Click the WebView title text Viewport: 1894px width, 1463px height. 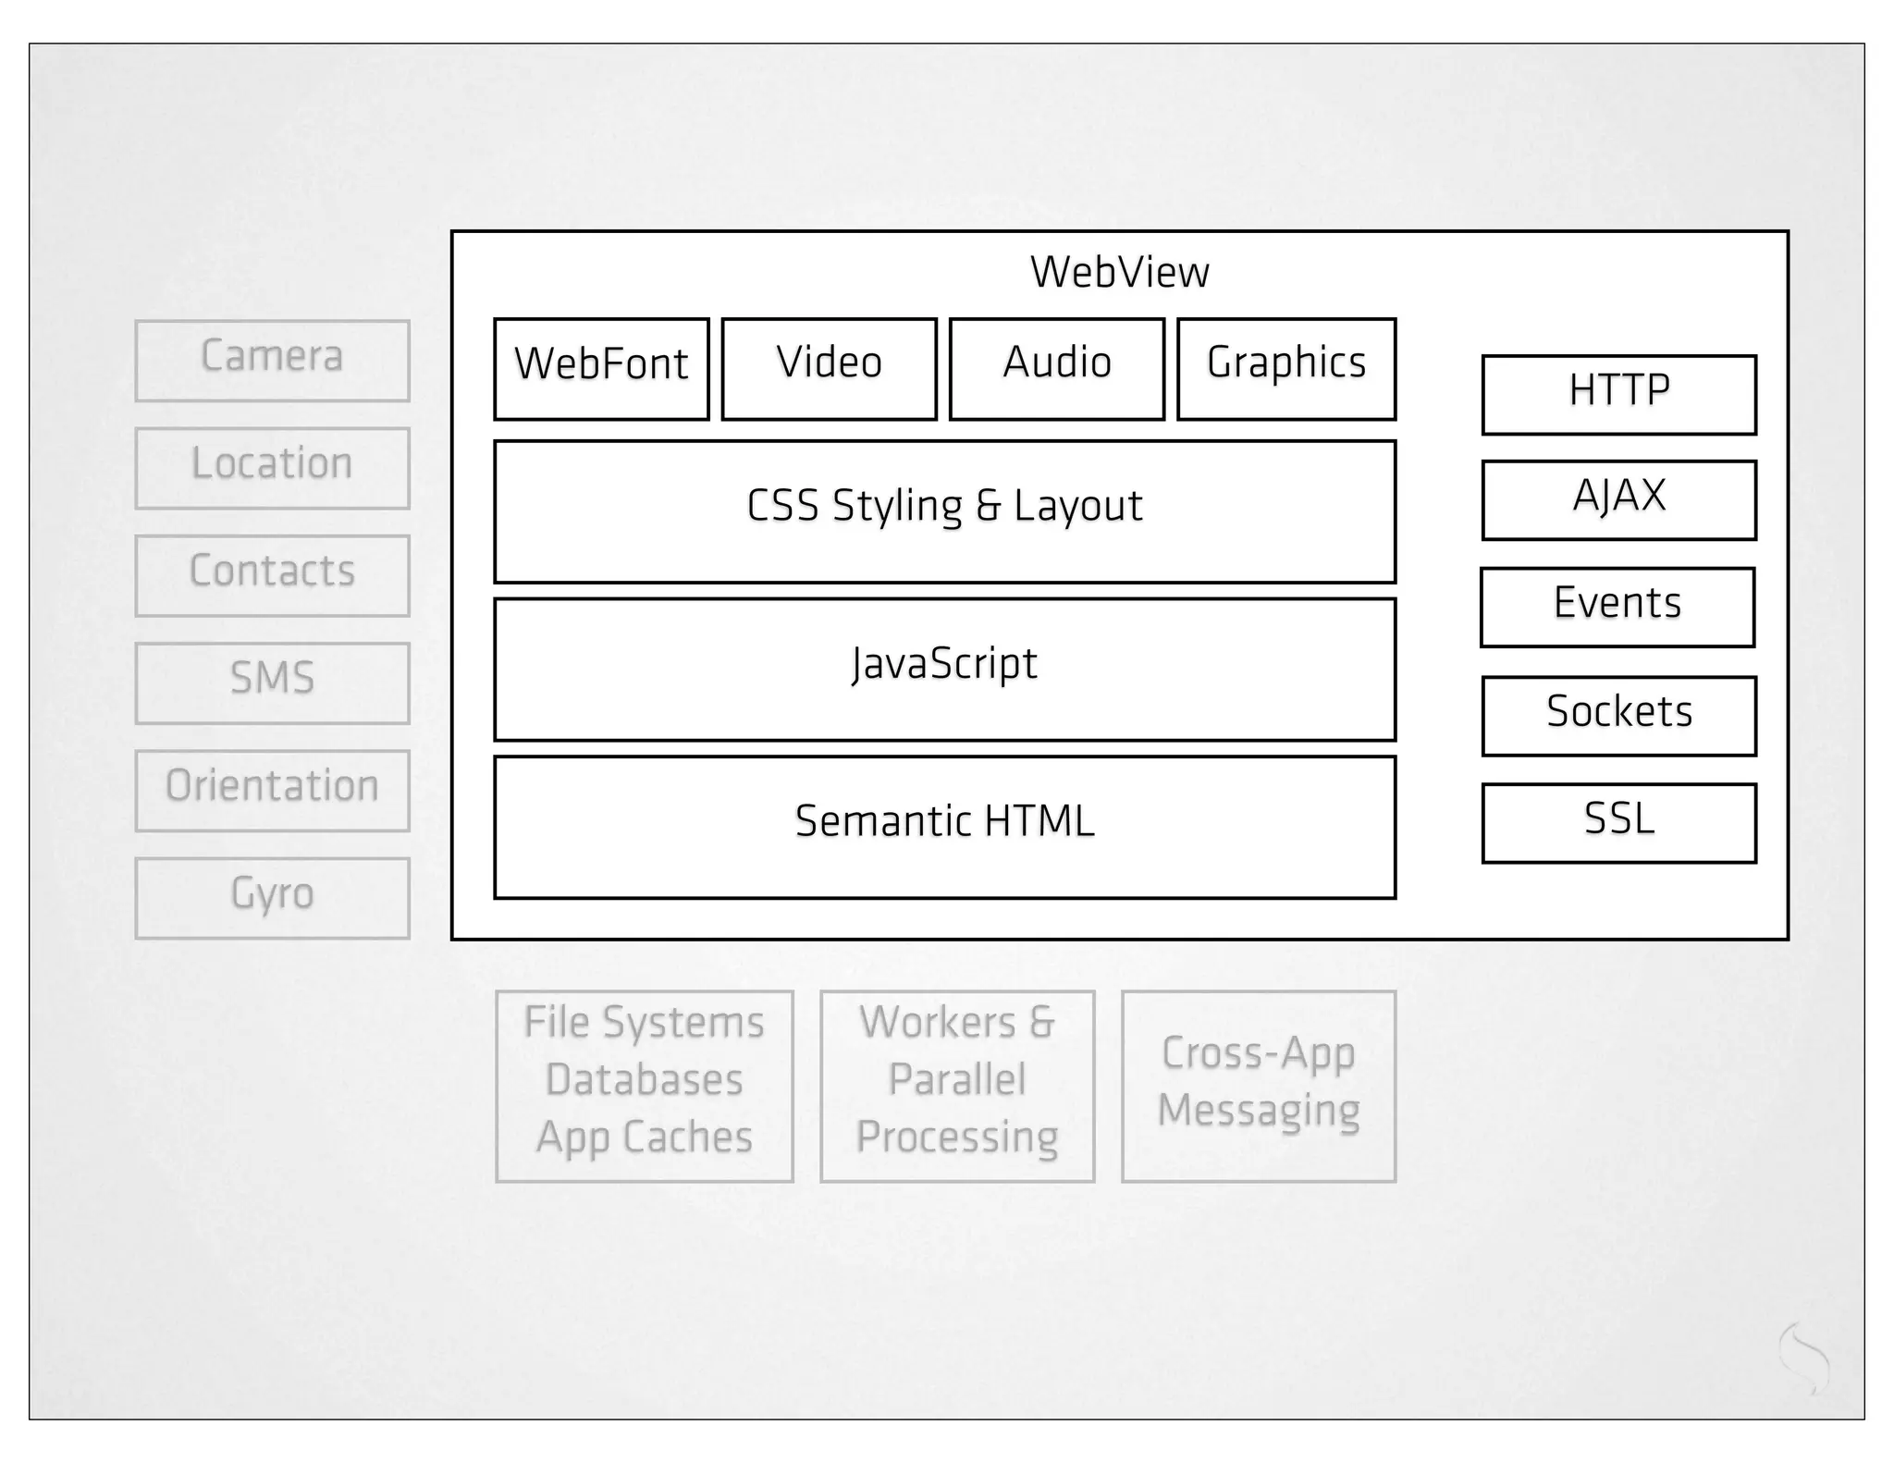[x=1119, y=272]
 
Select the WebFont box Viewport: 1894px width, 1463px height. [x=601, y=368]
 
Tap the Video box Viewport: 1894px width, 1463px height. [x=829, y=368]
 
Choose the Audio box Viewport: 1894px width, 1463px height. [x=1056, y=368]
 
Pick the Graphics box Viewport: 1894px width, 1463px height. [x=1285, y=368]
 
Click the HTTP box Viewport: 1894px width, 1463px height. [x=1618, y=394]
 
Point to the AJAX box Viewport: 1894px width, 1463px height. [x=1618, y=499]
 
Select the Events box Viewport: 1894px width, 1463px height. [x=1617, y=607]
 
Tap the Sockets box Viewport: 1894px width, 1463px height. [x=1618, y=716]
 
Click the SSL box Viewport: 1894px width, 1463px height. [x=1618, y=823]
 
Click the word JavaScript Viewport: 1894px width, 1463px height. [x=944, y=664]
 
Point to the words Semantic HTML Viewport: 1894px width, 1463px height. [x=944, y=821]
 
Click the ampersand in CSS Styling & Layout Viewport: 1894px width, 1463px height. [x=988, y=507]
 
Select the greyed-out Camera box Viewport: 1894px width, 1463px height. [x=272, y=361]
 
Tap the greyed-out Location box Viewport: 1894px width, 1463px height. [x=272, y=468]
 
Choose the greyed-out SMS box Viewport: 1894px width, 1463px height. [x=272, y=682]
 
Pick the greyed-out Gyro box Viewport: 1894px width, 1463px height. [x=272, y=898]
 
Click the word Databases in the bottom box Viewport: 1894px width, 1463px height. [x=644, y=1080]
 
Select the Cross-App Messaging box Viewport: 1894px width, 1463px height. [x=1258, y=1086]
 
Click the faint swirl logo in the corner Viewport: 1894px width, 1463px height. [x=1804, y=1358]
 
